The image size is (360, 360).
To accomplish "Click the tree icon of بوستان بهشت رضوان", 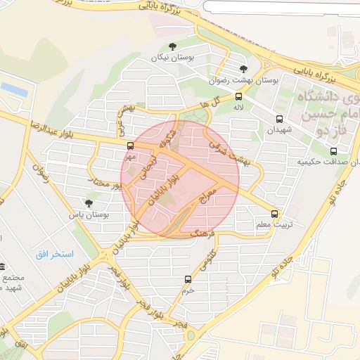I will click(243, 68).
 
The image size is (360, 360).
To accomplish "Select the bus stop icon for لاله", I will click(239, 97).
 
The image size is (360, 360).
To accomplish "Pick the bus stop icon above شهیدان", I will click(280, 119).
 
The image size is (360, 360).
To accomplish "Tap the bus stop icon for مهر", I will click(130, 146).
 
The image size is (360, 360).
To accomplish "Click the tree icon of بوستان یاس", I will click(89, 203).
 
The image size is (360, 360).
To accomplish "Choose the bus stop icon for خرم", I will click(188, 279).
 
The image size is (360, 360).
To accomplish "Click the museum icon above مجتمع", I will click(3, 266).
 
